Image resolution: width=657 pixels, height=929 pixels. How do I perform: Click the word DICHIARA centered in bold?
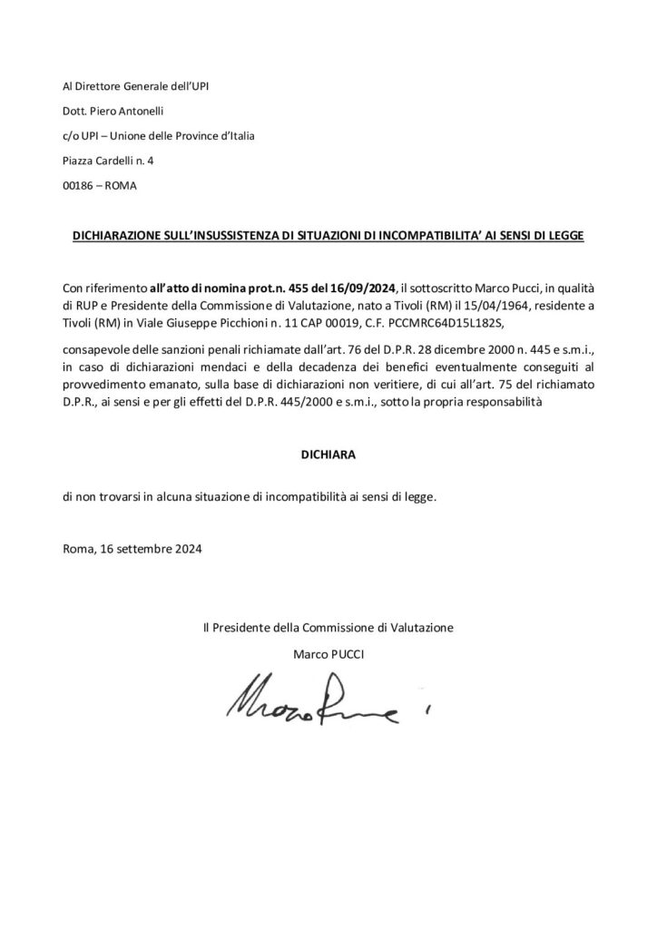pos(328,457)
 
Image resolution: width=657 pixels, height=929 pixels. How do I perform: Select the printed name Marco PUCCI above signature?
pos(328,652)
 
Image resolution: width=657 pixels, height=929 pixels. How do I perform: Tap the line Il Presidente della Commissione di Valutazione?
pos(328,627)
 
